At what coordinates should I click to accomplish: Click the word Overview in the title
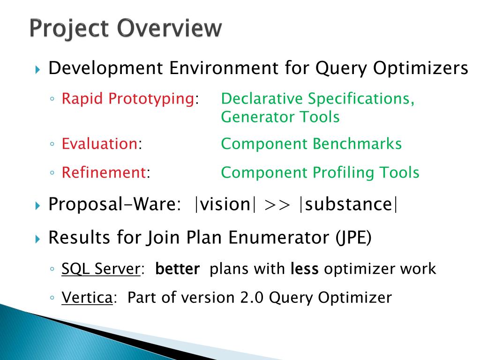pos(169,28)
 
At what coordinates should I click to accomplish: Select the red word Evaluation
pos(100,143)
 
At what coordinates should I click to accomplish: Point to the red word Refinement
pos(104,172)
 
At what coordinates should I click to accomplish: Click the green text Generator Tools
pos(280,117)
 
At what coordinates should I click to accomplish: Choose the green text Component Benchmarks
pos(311,144)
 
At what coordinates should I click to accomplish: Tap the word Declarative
pos(262,98)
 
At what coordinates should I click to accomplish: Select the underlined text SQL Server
pos(101,269)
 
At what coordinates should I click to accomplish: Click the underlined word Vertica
pos(87,298)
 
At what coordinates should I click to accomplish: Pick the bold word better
pos(178,269)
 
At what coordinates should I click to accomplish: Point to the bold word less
pos(305,269)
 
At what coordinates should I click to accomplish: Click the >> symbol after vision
pos(277,204)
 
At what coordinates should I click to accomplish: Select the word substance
pos(348,204)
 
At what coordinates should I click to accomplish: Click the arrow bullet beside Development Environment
pos(38,69)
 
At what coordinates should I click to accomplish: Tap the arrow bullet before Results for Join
pos(38,239)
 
